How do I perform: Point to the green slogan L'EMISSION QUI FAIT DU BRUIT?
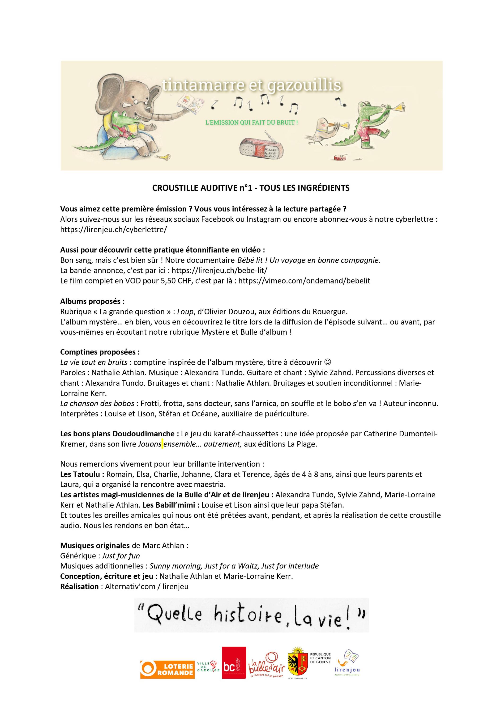pos(252,123)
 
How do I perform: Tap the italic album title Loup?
pos(185,312)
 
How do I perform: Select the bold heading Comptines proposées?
pos(100,352)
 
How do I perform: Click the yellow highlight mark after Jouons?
pos(162,444)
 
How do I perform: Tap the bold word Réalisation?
pos(79,586)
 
